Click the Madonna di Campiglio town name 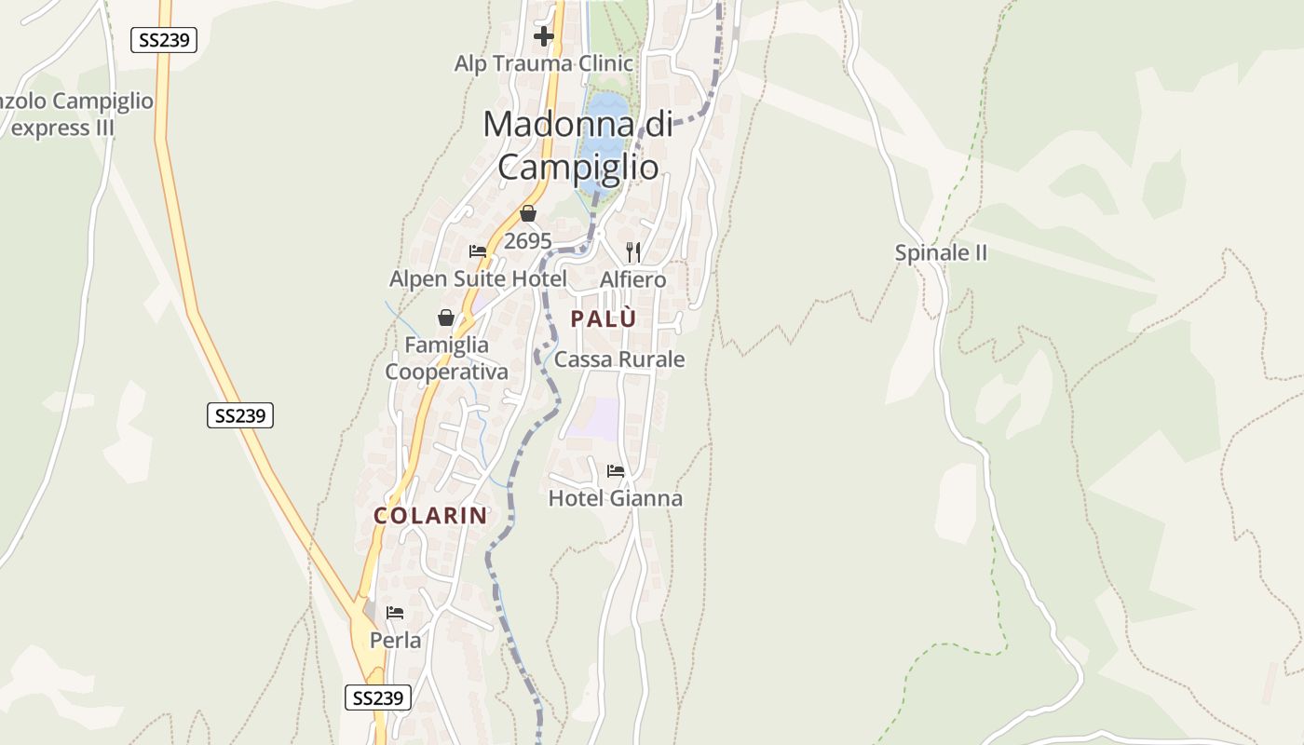[577, 145]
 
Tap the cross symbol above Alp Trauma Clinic [544, 36]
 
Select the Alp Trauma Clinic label [544, 64]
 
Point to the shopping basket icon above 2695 [528, 213]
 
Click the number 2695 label [528, 241]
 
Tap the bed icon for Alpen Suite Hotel [478, 251]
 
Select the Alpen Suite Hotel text [478, 279]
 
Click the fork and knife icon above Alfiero [633, 251]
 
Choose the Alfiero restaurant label [633, 279]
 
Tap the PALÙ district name [604, 318]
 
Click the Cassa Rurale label [619, 359]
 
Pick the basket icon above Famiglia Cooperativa [446, 318]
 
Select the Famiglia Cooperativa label [447, 359]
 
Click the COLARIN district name [430, 515]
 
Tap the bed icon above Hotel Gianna [616, 471]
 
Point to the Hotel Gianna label [616, 498]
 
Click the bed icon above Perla [395, 613]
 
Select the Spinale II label [941, 253]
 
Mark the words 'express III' [62, 128]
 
